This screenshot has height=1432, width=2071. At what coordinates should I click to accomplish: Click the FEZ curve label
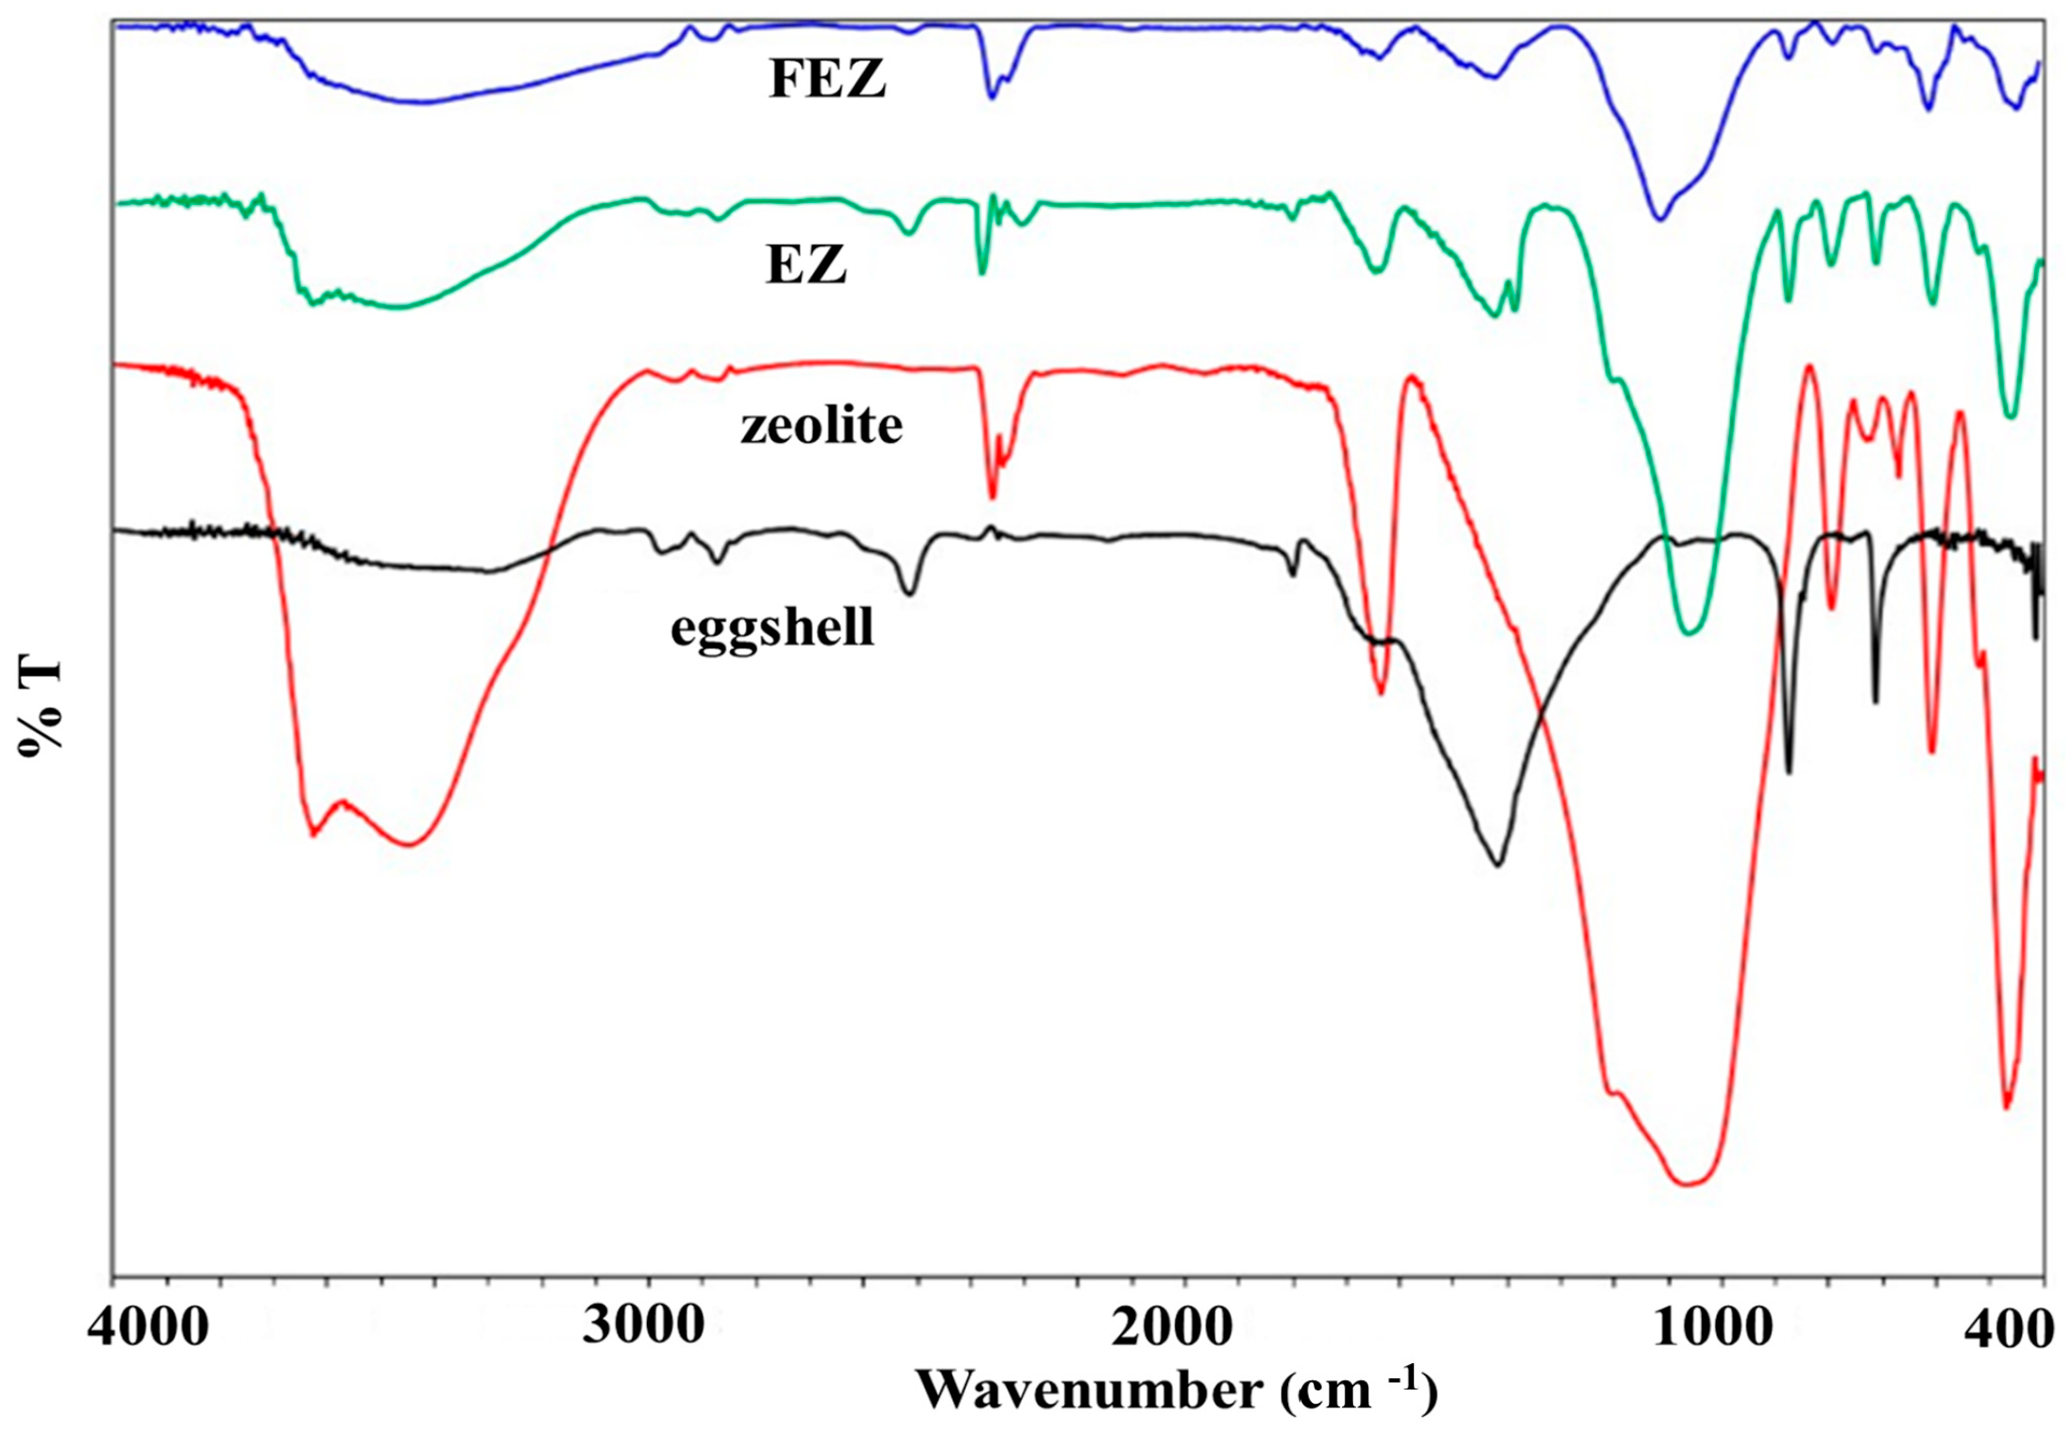pyautogui.click(x=827, y=78)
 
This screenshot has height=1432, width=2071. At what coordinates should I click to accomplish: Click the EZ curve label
pyautogui.click(x=806, y=264)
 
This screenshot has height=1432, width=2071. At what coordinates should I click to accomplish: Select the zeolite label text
pyautogui.click(x=821, y=426)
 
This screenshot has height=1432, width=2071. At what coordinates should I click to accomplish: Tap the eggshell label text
pyautogui.click(x=772, y=628)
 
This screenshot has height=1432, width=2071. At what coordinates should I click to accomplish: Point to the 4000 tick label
pyautogui.click(x=147, y=1327)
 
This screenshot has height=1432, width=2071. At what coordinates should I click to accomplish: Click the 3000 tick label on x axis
pyautogui.click(x=643, y=1325)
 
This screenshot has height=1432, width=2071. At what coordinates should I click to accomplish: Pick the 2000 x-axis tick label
pyautogui.click(x=1171, y=1327)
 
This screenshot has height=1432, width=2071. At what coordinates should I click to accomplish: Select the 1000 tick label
pyautogui.click(x=1712, y=1327)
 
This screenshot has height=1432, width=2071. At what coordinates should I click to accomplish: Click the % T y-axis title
pyautogui.click(x=40, y=706)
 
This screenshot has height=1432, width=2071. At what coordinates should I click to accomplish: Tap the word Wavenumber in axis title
pyautogui.click(x=1089, y=1390)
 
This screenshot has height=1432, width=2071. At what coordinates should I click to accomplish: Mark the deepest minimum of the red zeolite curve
pyautogui.click(x=1689, y=1183)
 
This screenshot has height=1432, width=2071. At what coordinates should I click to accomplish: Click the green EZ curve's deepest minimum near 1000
pyautogui.click(x=1689, y=632)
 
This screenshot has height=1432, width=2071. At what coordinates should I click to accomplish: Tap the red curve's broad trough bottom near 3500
pyautogui.click(x=408, y=844)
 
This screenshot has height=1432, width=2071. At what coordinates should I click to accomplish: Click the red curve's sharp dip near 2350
pyautogui.click(x=992, y=497)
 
